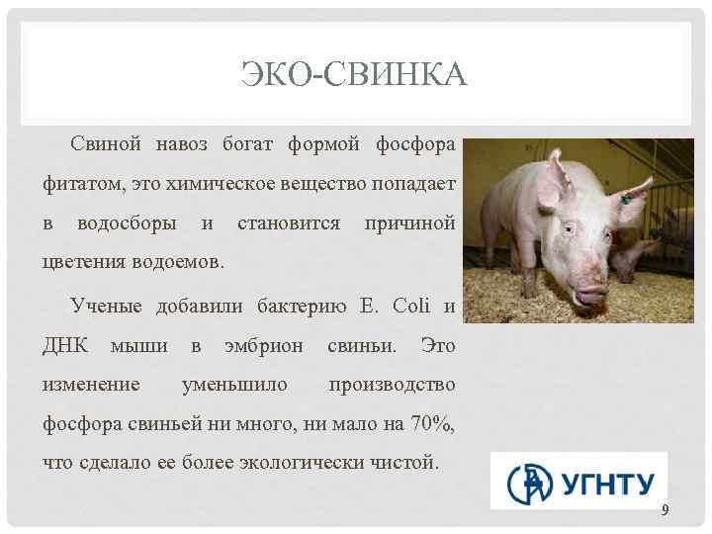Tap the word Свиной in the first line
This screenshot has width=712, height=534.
[102, 145]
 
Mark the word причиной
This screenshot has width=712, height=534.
[409, 223]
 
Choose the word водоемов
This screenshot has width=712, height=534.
[177, 264]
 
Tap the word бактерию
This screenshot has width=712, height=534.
[300, 307]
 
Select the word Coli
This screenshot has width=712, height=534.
[413, 307]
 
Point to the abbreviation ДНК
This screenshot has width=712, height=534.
[66, 346]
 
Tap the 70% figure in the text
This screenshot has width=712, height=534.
[432, 424]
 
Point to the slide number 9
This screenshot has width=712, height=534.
[666, 510]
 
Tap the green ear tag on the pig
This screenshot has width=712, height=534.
[626, 199]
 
